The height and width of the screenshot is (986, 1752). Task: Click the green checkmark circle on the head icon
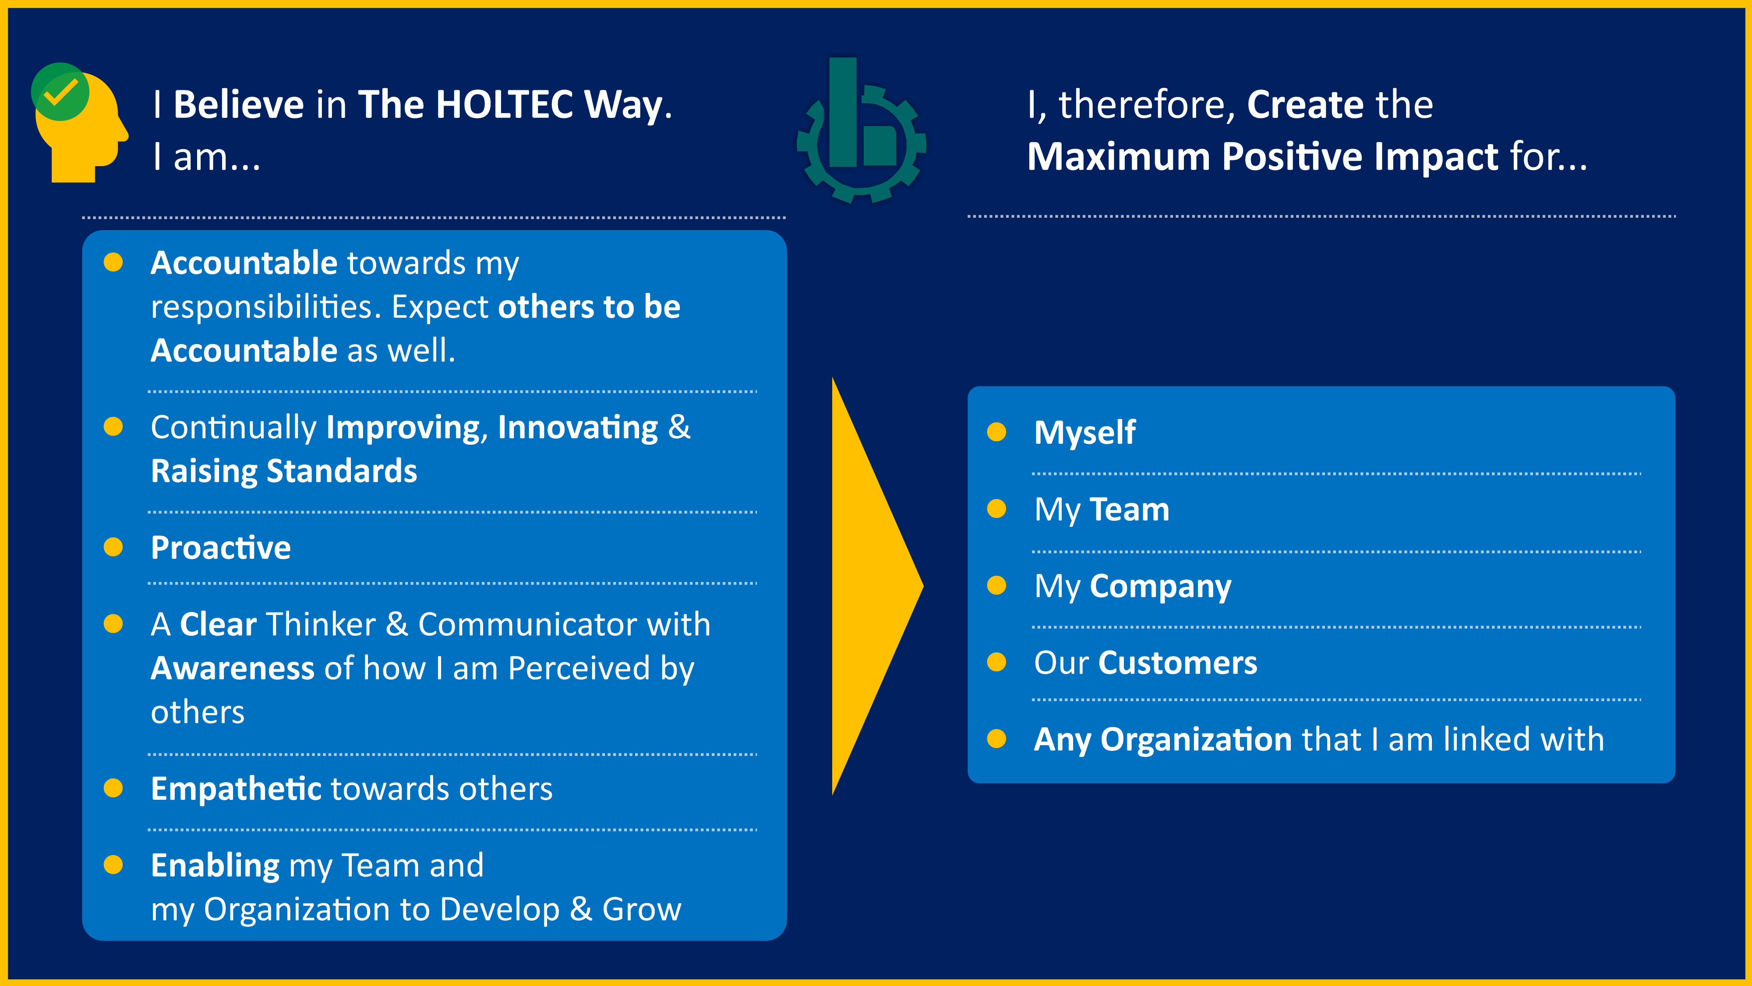pos(60,92)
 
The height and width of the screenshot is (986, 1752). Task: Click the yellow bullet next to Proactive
pos(113,547)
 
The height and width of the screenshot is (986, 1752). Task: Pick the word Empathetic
pos(236,789)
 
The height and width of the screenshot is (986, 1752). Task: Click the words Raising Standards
pos(284,471)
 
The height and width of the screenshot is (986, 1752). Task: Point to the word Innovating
pos(577,427)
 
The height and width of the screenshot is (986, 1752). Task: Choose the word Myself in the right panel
pos(1084,433)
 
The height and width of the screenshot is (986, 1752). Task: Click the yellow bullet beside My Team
pos(996,509)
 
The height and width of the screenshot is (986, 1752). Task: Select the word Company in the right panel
pos(1160,587)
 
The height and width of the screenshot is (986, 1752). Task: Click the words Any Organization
pos(1162,740)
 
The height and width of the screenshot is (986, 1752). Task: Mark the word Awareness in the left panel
pos(233,668)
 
